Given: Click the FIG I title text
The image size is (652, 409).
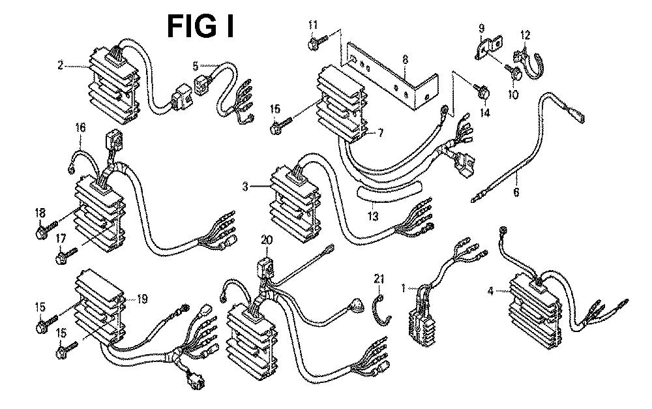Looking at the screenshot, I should tap(201, 27).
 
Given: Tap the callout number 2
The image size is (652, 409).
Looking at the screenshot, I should tap(60, 65).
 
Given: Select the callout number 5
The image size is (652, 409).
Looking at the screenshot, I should tap(195, 65).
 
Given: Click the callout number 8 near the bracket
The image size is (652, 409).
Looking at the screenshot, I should tap(405, 59).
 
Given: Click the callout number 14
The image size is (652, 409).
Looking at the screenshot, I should tap(484, 113).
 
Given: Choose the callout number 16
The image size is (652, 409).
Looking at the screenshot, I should tap(80, 128).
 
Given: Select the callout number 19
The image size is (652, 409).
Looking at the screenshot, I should tap(142, 299).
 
